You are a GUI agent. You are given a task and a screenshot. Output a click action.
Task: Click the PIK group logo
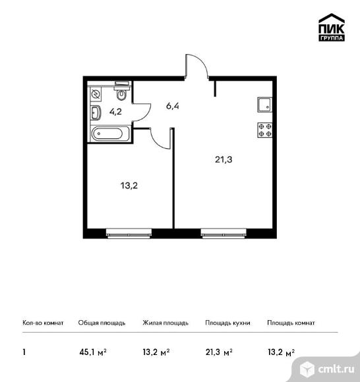332,27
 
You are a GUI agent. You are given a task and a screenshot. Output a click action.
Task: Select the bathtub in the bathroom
110,134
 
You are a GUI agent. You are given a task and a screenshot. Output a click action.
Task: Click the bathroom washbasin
96,113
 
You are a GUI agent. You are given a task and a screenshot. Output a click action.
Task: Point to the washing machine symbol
96,94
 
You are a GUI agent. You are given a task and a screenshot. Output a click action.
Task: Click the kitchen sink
264,105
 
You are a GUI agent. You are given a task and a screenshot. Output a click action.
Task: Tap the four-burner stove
265,130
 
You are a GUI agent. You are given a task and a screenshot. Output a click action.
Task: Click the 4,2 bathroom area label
115,111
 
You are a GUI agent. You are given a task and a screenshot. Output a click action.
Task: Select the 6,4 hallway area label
173,106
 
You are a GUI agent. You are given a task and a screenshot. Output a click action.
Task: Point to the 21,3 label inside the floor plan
224,159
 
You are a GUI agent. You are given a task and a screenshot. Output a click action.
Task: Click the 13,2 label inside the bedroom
129,186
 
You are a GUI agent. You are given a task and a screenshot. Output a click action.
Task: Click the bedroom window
129,232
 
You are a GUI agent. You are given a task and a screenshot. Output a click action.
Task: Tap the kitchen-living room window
224,232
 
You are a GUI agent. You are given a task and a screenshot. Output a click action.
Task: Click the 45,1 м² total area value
93,352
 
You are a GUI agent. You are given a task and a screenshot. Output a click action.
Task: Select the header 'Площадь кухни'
227,323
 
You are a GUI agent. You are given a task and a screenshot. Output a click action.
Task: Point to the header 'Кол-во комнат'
43,323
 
